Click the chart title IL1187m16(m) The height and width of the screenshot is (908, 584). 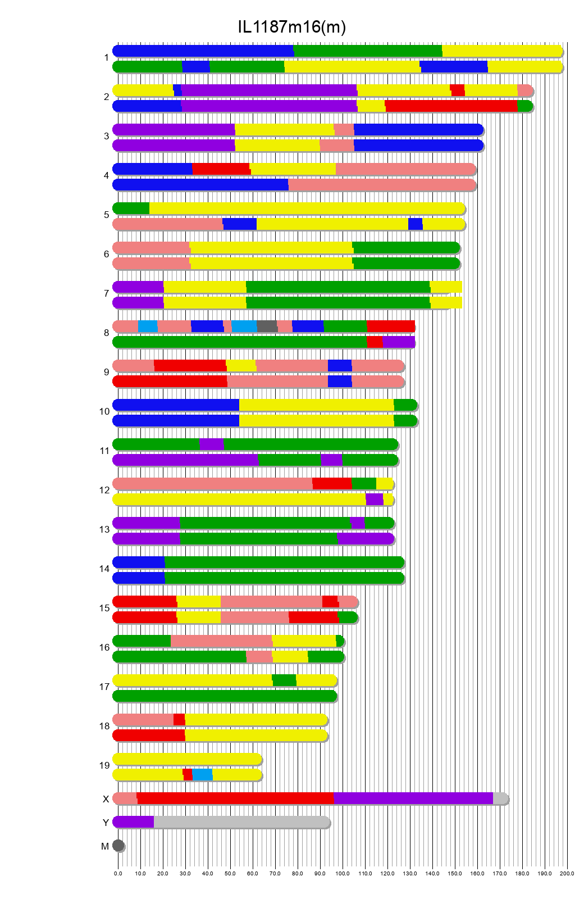(291, 26)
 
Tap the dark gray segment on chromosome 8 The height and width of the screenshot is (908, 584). (267, 326)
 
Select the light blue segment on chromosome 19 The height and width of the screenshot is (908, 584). (202, 775)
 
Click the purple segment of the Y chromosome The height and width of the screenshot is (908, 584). (134, 822)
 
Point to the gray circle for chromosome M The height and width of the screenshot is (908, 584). (118, 846)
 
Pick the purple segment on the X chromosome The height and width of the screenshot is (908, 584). (413, 798)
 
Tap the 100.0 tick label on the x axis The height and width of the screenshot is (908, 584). (343, 874)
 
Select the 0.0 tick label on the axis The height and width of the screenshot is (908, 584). (118, 874)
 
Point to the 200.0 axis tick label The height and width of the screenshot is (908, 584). (567, 874)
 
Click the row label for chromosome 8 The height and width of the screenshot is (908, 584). (106, 333)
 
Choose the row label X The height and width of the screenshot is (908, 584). (106, 799)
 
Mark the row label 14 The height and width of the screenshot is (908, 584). (104, 569)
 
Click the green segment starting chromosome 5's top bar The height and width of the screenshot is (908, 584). (131, 208)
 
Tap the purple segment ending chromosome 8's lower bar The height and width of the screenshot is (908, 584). (398, 342)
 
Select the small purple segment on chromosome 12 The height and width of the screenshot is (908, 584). (374, 500)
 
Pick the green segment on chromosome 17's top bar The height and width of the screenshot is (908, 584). (284, 680)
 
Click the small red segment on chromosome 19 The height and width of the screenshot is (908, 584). (188, 775)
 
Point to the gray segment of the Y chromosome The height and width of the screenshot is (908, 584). (241, 822)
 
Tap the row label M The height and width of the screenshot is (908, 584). (105, 846)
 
